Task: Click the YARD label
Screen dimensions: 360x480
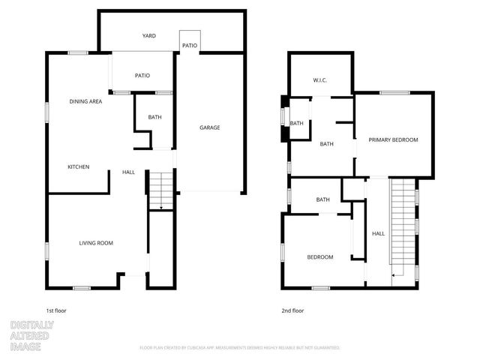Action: click(x=149, y=35)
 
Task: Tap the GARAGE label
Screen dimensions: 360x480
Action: click(x=209, y=127)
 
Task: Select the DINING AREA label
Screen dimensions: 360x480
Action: click(x=85, y=101)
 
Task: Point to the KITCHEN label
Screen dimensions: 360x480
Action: click(x=79, y=166)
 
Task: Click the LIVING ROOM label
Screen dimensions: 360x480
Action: click(x=96, y=242)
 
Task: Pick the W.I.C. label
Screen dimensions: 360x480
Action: click(x=320, y=80)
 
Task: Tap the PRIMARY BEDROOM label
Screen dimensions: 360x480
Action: click(x=393, y=140)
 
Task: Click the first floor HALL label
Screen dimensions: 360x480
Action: click(x=128, y=172)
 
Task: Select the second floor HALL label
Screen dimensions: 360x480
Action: click(x=378, y=234)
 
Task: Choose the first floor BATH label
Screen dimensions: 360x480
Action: click(x=154, y=117)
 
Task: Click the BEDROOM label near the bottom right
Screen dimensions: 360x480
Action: click(x=320, y=257)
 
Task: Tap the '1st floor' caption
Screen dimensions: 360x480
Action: click(x=56, y=310)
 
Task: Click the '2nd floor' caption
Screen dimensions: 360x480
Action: click(x=292, y=310)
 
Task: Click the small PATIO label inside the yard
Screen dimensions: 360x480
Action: click(x=190, y=46)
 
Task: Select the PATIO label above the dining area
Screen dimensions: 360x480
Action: click(x=142, y=75)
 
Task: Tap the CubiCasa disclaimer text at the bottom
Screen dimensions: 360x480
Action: click(x=240, y=348)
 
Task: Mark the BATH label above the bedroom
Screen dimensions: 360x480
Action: click(x=323, y=199)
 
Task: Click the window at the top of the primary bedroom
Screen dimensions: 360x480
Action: click(x=394, y=93)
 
